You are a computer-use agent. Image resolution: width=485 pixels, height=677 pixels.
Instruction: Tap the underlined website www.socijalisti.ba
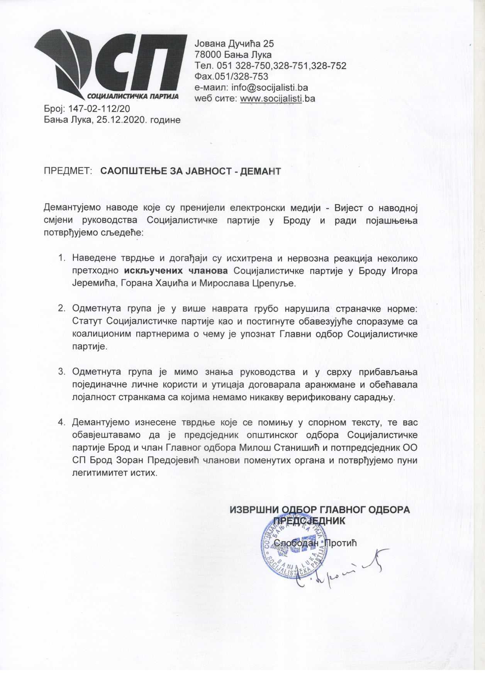click(277, 98)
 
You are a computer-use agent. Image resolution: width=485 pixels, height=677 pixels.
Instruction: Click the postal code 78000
click(209, 55)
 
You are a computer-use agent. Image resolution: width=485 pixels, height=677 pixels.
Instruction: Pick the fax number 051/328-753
click(240, 77)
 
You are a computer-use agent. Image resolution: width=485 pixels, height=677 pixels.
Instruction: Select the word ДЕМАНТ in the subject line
click(260, 171)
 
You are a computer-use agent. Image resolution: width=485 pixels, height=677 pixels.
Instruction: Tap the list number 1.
click(61, 258)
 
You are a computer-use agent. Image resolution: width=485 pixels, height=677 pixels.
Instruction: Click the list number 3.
click(61, 372)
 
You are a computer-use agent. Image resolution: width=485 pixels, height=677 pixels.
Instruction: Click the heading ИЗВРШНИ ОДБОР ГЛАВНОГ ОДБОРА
click(320, 509)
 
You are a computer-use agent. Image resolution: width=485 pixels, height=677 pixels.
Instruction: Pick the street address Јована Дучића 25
click(234, 44)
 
